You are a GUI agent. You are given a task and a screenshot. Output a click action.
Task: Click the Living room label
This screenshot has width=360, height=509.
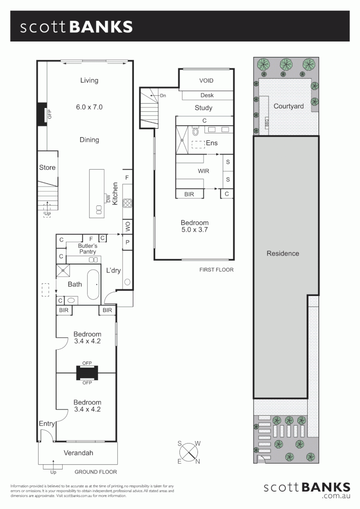[89, 80]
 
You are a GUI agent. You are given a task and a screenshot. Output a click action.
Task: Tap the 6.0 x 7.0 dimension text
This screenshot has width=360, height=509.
[89, 107]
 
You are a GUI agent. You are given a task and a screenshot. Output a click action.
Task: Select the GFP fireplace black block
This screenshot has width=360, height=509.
[41, 114]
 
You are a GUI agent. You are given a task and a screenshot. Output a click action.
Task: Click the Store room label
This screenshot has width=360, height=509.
[47, 167]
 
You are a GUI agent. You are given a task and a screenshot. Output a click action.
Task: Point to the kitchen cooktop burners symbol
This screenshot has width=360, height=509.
[127, 203]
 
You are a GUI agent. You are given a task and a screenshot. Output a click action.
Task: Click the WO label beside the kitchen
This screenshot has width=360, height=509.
[128, 227]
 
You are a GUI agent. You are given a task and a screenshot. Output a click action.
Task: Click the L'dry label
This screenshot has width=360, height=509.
[114, 270]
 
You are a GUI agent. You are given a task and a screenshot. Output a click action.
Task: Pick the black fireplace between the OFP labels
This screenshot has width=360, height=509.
[87, 373]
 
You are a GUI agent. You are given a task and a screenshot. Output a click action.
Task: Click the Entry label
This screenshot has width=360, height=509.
[47, 424]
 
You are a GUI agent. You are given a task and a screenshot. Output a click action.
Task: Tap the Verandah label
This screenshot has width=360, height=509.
[78, 453]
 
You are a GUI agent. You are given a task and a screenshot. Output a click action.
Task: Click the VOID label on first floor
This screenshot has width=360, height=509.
[206, 81]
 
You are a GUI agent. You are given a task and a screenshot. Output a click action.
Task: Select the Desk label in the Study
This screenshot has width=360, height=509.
[207, 95]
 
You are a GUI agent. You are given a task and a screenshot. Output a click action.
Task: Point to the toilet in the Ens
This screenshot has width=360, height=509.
[196, 132]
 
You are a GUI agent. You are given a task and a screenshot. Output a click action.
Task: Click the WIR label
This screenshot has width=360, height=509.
[204, 170]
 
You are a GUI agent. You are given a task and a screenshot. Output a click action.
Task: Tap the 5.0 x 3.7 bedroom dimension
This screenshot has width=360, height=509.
[195, 230]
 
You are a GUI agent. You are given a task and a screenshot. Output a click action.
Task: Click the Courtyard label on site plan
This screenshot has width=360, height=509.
[288, 106]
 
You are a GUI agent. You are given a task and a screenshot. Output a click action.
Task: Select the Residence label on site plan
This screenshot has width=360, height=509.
[283, 253]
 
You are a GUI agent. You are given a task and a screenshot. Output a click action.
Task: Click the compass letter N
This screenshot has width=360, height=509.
[198, 461]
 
